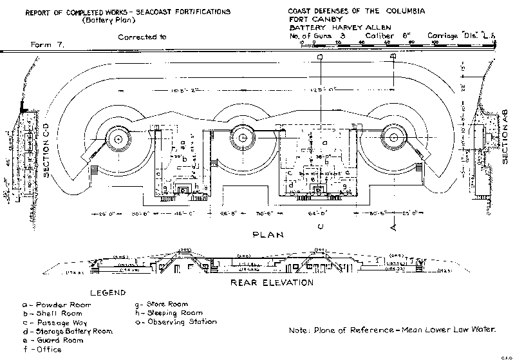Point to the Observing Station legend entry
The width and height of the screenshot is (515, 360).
click(173, 321)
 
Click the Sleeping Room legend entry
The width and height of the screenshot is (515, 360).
click(165, 312)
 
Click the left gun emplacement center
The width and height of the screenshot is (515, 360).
click(117, 137)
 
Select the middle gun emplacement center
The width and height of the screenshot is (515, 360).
click(241, 135)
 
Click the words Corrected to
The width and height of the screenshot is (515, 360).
click(142, 37)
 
